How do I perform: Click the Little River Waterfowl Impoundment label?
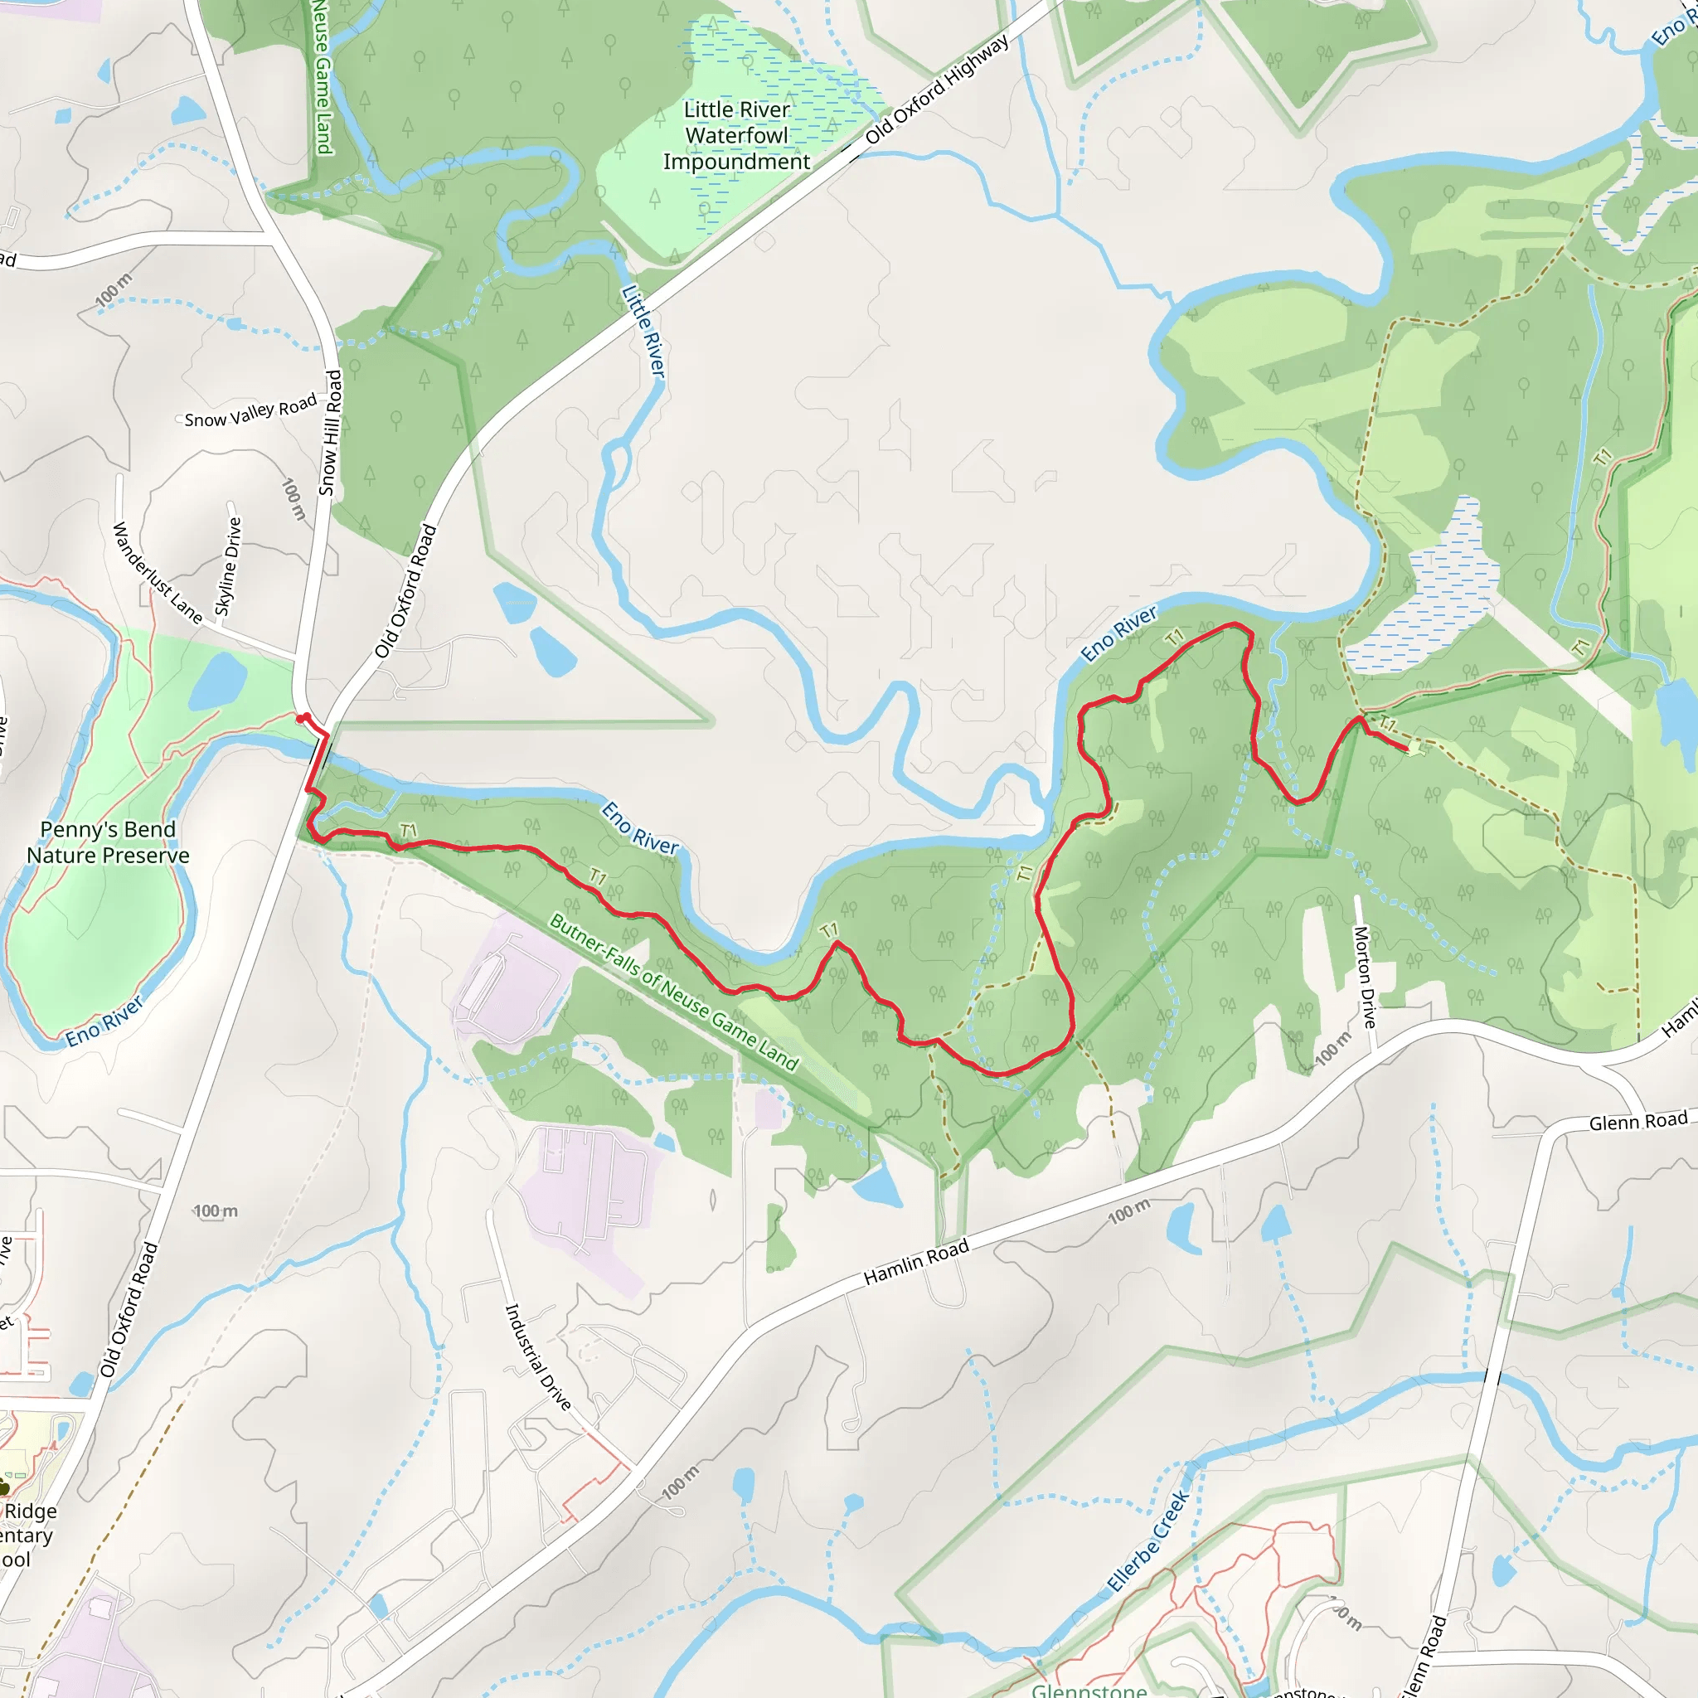736,135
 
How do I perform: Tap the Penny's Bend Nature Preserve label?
108,842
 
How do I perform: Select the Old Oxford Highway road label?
937,90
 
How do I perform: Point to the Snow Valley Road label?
250,411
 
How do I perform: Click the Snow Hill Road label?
331,433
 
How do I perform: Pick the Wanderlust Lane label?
158,573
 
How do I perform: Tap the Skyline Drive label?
228,567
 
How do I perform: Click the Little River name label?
643,332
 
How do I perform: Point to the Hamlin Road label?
916,1261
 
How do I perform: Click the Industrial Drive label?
538,1357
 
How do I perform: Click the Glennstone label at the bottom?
1089,1689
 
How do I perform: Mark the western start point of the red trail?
302,719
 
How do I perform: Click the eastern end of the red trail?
1406,749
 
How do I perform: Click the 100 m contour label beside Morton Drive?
1332,1050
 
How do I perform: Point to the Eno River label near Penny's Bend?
104,1021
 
